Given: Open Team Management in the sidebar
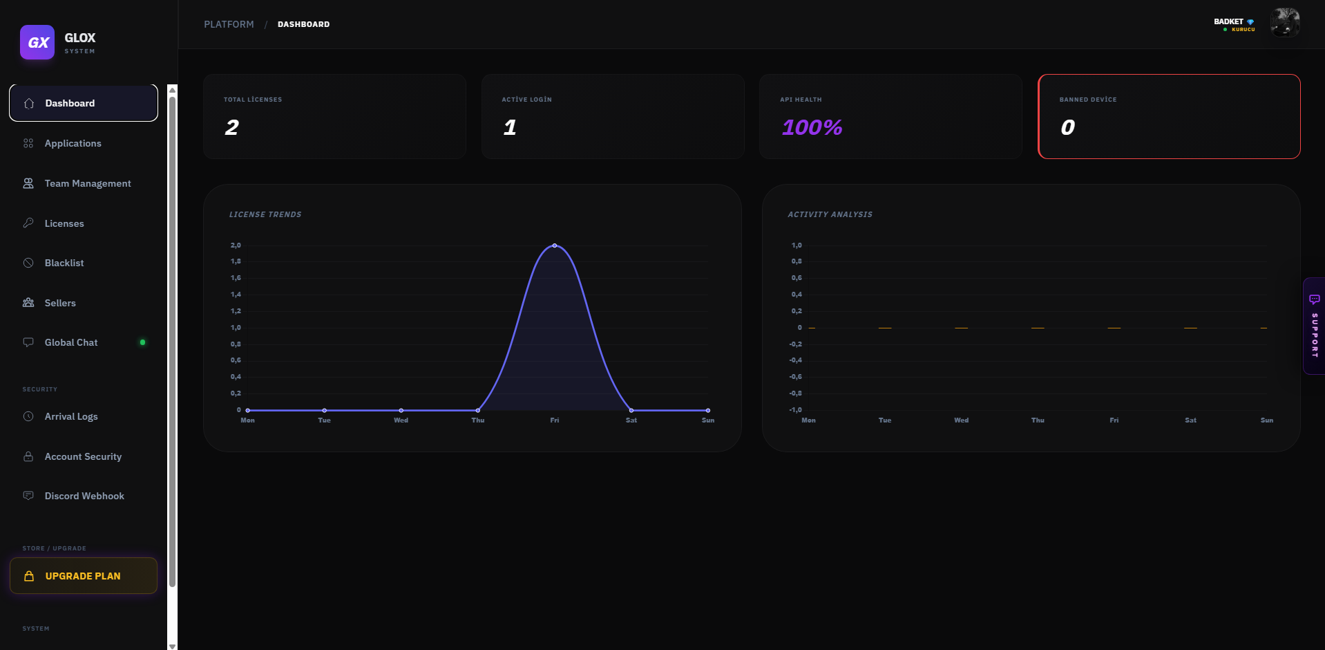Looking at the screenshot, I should pyautogui.click(x=87, y=183).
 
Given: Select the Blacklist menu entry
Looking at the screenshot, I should pyautogui.click(x=64, y=263).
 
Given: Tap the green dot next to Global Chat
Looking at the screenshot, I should pyautogui.click(x=142, y=342).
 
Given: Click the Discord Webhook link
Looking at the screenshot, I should pyautogui.click(x=84, y=496).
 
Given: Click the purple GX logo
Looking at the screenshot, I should pyautogui.click(x=37, y=42).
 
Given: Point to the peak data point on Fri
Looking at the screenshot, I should pyautogui.click(x=554, y=245).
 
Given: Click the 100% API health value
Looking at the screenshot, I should pyautogui.click(x=812, y=127).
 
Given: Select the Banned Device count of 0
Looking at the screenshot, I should pyautogui.click(x=1067, y=127).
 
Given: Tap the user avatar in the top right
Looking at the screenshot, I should pyautogui.click(x=1285, y=23).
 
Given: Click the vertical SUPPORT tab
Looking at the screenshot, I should pyautogui.click(x=1314, y=326).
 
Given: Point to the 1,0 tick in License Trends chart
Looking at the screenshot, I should pyautogui.click(x=236, y=328).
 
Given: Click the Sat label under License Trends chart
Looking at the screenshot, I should pyautogui.click(x=631, y=420).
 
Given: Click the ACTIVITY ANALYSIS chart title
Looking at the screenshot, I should pyautogui.click(x=830, y=214).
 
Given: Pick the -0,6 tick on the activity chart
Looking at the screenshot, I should pyautogui.click(x=796, y=377).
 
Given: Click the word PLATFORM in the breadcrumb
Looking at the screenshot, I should pyautogui.click(x=229, y=24).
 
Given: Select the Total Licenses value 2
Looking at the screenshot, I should pyautogui.click(x=231, y=127).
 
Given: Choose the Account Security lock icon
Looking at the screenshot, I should pyautogui.click(x=28, y=456).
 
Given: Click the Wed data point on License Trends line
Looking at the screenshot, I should pyautogui.click(x=401, y=410).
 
